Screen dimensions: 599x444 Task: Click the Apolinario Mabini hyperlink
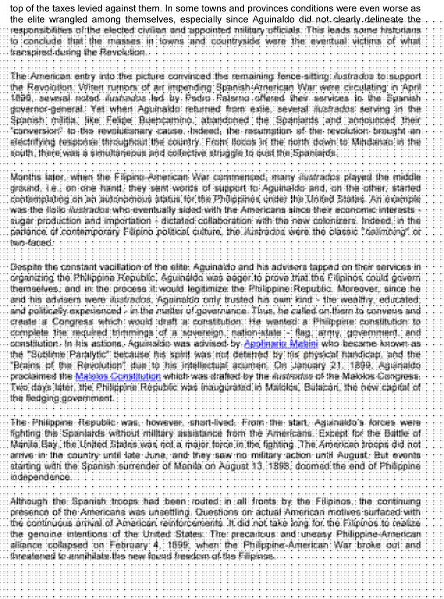tap(281, 344)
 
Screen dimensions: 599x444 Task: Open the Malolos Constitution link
tap(118, 377)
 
